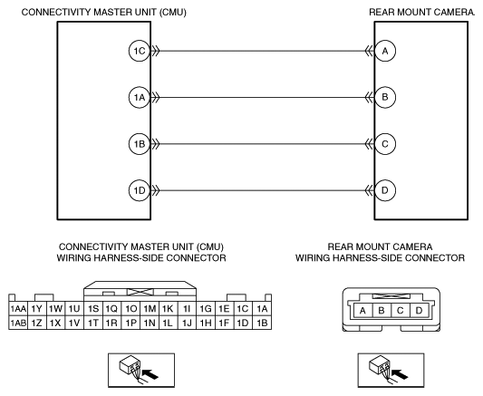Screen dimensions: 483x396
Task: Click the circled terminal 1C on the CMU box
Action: [140, 51]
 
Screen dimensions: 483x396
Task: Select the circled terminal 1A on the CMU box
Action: [140, 97]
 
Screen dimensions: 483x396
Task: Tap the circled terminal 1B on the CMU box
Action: [140, 144]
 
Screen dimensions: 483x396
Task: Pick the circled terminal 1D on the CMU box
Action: [140, 190]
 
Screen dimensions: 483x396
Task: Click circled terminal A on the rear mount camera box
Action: [385, 51]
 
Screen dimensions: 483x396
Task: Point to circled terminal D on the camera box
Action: [385, 190]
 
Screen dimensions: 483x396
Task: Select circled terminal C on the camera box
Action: [385, 144]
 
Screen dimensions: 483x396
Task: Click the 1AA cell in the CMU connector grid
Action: [18, 308]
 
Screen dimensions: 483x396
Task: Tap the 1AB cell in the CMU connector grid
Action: [18, 323]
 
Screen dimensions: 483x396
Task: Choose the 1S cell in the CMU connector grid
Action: [93, 308]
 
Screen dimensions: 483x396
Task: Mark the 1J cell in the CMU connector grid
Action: [187, 323]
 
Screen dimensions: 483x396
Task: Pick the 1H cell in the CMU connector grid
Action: [206, 323]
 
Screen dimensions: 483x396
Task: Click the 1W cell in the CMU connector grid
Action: [56, 308]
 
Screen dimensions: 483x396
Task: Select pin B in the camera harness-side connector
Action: [382, 311]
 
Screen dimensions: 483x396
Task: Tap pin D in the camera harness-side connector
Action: [419, 311]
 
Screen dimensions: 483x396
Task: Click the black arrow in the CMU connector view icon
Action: [150, 374]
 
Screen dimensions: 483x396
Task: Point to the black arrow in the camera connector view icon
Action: [401, 374]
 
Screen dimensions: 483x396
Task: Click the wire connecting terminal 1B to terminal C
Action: [263, 144]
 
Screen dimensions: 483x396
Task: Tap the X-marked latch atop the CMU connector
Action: [140, 292]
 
